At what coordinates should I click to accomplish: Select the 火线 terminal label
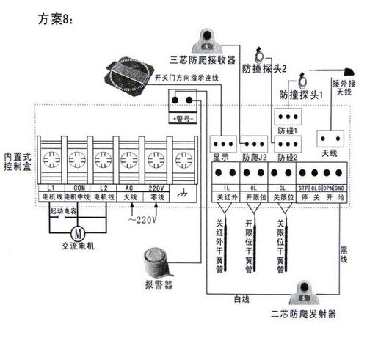point(128,197)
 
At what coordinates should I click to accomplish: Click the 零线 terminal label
point(156,197)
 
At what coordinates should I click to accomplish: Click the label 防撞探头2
point(264,67)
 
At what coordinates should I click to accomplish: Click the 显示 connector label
point(222,157)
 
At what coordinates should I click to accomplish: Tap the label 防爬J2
point(255,157)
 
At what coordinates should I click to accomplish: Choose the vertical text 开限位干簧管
point(250,246)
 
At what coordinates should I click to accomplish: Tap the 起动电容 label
point(63,210)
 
